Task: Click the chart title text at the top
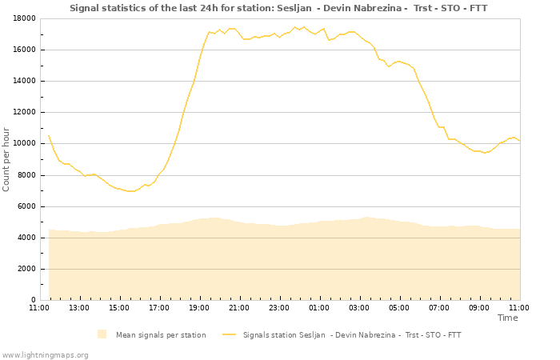[278, 8]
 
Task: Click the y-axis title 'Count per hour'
[7, 159]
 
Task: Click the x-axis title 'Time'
[507, 318]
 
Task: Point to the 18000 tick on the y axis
[22, 18]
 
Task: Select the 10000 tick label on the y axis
[22, 144]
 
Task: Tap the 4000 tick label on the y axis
[25, 238]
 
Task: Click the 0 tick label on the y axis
[32, 300]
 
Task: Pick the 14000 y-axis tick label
[22, 81]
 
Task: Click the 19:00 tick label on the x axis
[199, 307]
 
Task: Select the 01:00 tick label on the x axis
[319, 307]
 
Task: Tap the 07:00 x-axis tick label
[439, 307]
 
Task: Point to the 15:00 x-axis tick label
[119, 307]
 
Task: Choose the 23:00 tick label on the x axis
[279, 307]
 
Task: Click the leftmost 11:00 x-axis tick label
[39, 307]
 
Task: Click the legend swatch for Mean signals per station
[102, 334]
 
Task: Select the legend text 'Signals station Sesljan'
[352, 334]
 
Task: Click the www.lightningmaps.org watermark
[45, 354]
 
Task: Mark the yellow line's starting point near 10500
[49, 136]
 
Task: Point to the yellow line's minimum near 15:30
[130, 191]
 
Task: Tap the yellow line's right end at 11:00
[519, 141]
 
